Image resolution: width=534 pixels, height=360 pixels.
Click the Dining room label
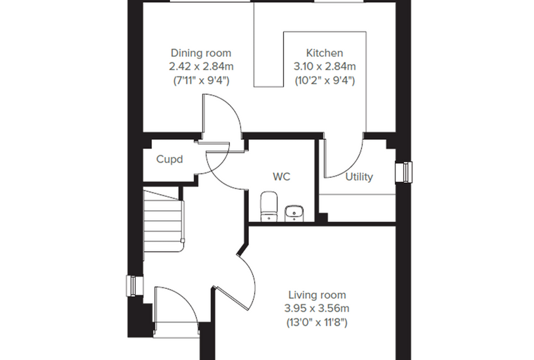[201, 53]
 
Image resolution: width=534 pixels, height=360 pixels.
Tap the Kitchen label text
[325, 53]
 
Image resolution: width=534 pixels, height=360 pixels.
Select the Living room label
[317, 295]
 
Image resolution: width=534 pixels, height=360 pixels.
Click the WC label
[282, 176]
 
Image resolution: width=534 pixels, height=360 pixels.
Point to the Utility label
[359, 177]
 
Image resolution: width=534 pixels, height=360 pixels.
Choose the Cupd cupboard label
[169, 159]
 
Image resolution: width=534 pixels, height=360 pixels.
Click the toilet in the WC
[268, 206]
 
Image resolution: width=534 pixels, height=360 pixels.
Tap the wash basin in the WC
[294, 214]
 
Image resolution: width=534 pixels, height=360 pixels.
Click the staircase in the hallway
[164, 221]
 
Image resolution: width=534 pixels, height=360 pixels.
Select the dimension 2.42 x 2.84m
[201, 67]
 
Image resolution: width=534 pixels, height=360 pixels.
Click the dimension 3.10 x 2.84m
[325, 67]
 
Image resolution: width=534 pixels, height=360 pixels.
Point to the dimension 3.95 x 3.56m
[317, 309]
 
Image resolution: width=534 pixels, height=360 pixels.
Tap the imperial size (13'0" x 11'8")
[317, 323]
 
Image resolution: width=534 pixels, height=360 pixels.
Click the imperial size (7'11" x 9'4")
[201, 81]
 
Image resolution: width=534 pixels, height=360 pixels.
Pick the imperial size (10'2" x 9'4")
[325, 81]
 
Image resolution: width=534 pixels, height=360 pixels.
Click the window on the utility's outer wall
[403, 172]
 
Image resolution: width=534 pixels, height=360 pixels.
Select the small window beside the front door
[135, 285]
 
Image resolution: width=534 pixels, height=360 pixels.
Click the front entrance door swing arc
[185, 298]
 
